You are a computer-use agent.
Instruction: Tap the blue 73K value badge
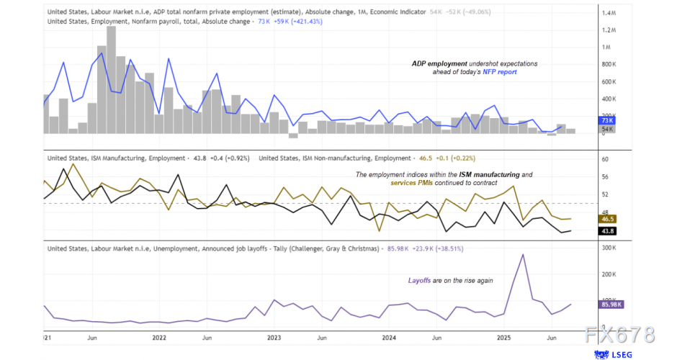coord(606,120)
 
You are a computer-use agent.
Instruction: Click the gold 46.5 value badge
coord(607,219)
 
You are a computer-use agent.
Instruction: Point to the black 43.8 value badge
coord(607,230)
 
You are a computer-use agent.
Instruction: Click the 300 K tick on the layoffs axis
coord(609,248)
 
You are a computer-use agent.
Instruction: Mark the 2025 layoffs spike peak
coord(522,255)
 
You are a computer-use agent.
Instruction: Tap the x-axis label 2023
coord(274,337)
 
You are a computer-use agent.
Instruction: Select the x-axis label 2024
coord(389,337)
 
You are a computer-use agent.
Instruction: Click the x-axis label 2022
coord(159,337)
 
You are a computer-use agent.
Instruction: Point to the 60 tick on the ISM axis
coord(605,159)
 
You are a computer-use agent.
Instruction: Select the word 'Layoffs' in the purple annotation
coord(422,280)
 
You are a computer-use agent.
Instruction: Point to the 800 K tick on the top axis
coord(609,65)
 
